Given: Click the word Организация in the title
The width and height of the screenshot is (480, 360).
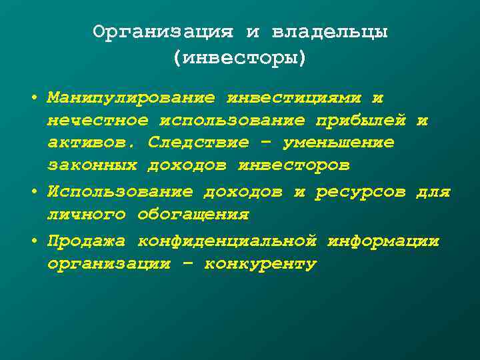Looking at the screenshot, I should (x=163, y=32).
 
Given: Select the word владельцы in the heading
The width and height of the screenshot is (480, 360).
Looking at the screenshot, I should (x=329, y=32).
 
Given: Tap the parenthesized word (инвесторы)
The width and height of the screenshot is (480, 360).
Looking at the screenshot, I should (x=240, y=58).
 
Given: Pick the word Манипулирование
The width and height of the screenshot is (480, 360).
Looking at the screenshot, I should (x=131, y=98).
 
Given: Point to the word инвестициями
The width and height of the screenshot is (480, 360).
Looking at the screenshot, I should (x=293, y=98).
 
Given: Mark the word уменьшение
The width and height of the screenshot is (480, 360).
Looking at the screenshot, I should (x=338, y=143).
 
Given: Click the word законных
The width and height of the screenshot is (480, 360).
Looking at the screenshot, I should (x=91, y=165).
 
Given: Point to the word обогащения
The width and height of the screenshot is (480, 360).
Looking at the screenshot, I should (x=193, y=215).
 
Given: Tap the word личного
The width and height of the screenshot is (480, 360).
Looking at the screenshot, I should (x=86, y=215).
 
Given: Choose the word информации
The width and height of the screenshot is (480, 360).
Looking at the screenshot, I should (x=383, y=241).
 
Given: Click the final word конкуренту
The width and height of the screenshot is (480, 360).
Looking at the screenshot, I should (x=260, y=264).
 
